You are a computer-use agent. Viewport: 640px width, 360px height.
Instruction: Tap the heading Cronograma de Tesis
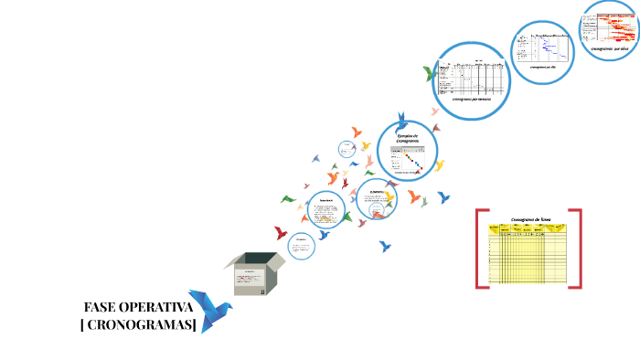click(x=530, y=219)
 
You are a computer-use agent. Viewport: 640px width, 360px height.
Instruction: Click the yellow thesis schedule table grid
click(x=530, y=256)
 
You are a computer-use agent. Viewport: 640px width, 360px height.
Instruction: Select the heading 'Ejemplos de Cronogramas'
click(x=407, y=138)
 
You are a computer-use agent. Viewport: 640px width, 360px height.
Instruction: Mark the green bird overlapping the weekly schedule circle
click(x=430, y=72)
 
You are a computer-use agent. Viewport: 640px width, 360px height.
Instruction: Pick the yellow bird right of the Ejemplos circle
click(x=439, y=165)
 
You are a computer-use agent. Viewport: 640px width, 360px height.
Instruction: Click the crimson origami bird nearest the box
click(x=280, y=234)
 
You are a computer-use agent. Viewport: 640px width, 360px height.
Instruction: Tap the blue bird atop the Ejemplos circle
click(x=401, y=122)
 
